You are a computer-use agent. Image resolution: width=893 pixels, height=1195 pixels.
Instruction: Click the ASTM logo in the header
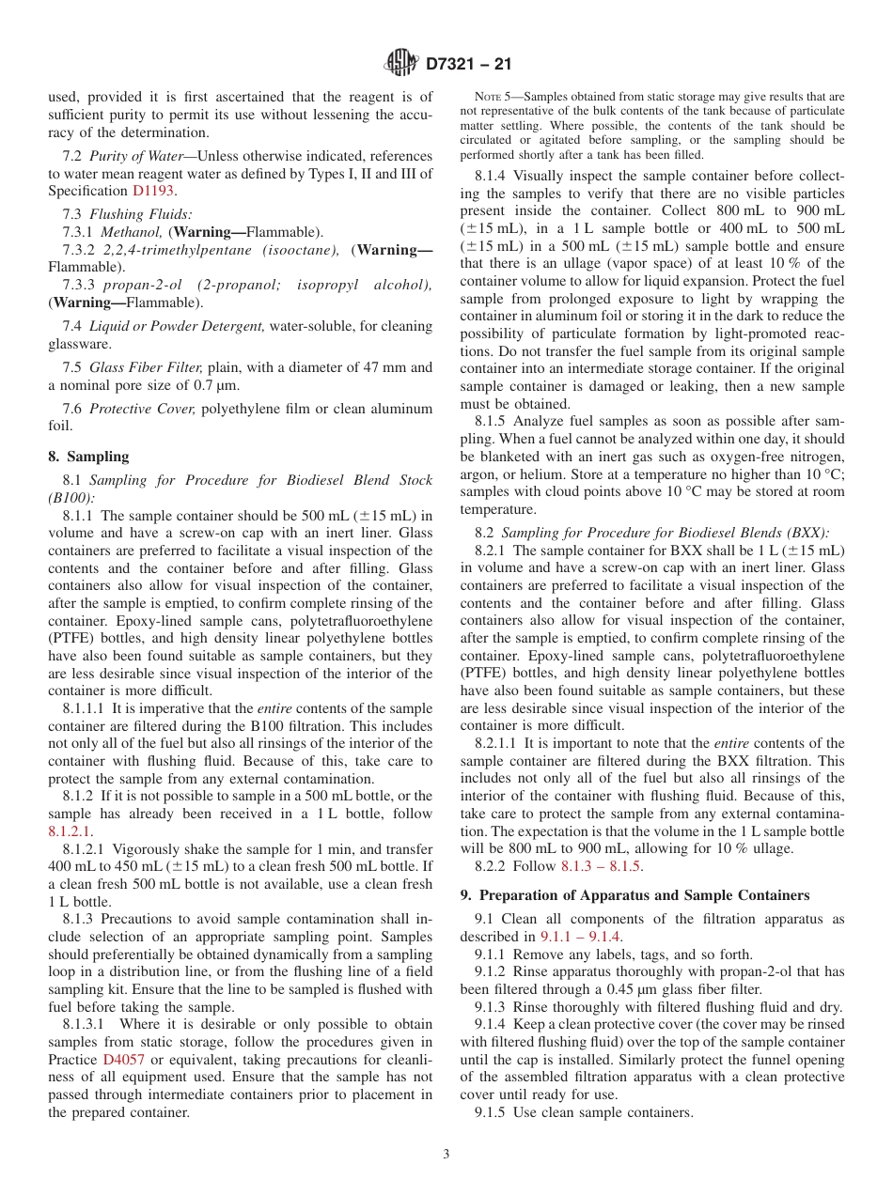pos(401,64)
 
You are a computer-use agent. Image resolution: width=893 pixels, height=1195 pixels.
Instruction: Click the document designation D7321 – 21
pos(467,65)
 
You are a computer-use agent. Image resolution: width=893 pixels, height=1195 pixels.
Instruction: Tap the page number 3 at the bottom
pos(446,1154)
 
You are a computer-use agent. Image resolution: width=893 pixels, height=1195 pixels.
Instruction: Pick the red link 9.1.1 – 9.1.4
pos(580,937)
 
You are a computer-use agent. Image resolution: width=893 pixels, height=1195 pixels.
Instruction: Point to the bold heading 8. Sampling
pos(88,457)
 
